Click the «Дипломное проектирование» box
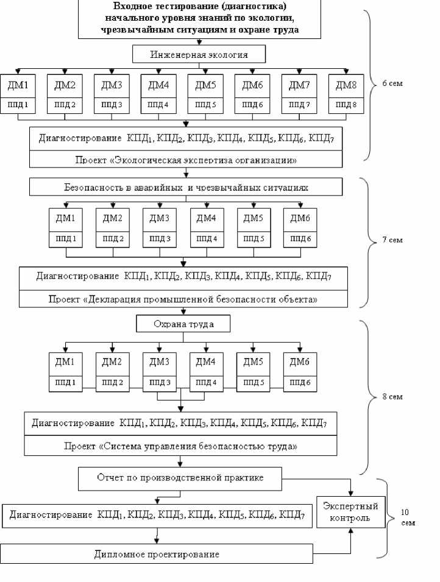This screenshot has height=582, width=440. click(x=157, y=554)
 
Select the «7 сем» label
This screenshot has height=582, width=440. click(x=393, y=240)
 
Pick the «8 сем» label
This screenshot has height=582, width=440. click(x=392, y=397)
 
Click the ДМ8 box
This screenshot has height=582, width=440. click(x=346, y=85)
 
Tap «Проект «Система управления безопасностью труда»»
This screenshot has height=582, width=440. click(x=180, y=446)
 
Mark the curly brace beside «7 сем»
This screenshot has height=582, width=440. click(x=372, y=242)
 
